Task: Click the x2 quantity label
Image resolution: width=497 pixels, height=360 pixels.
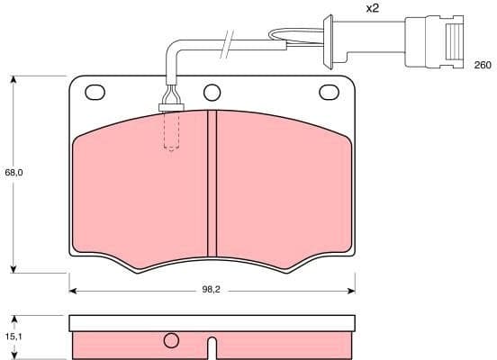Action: coord(372,8)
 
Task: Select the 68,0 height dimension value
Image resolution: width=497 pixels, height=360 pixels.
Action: coord(13,172)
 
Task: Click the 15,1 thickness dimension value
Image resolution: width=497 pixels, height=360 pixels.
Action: coord(13,336)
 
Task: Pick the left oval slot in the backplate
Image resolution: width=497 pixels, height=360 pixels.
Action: coord(95,91)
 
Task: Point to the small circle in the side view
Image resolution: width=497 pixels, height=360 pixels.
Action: coord(171,341)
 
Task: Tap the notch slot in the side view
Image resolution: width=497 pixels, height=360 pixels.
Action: coord(212,346)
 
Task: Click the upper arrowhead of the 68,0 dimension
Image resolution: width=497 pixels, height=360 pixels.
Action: coord(14,80)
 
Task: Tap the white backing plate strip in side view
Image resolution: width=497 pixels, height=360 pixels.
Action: coord(212,322)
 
